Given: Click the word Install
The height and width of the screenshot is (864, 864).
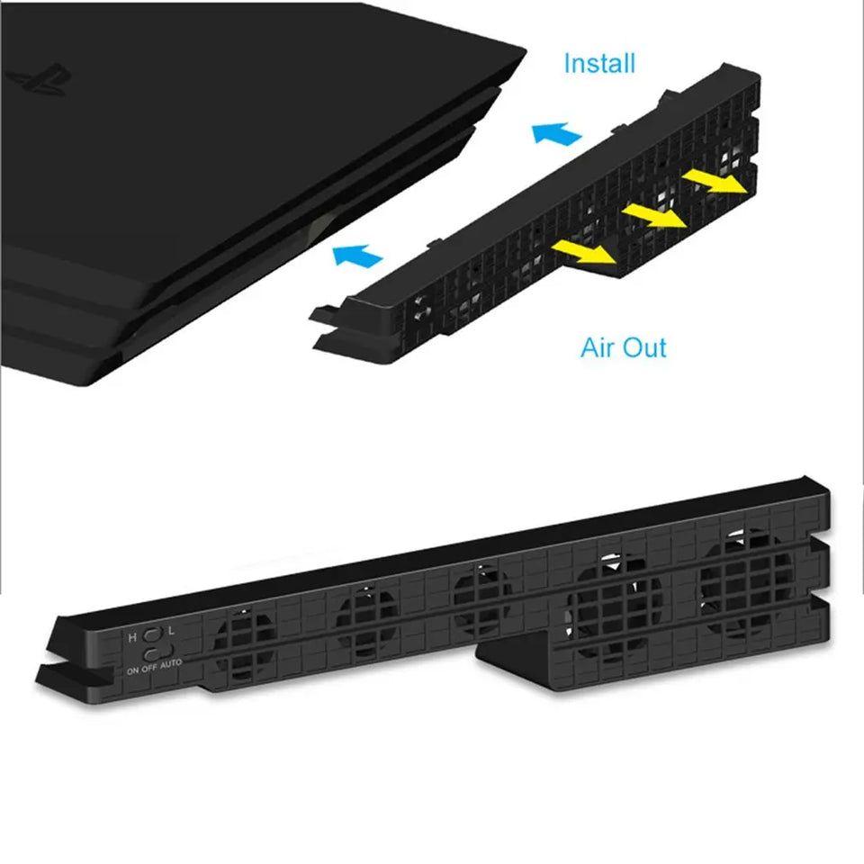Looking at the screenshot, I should pyautogui.click(x=599, y=64).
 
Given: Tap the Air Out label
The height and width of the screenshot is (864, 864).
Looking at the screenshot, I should pyautogui.click(x=624, y=348).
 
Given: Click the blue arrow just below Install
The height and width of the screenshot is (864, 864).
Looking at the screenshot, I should pyautogui.click(x=556, y=136).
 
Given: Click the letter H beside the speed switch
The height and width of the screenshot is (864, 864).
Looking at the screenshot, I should pyautogui.click(x=133, y=637).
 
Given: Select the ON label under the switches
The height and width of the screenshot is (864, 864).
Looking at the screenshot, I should pyautogui.click(x=132, y=670).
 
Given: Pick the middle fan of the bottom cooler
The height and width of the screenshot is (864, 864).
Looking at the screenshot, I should pyautogui.click(x=482, y=601).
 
